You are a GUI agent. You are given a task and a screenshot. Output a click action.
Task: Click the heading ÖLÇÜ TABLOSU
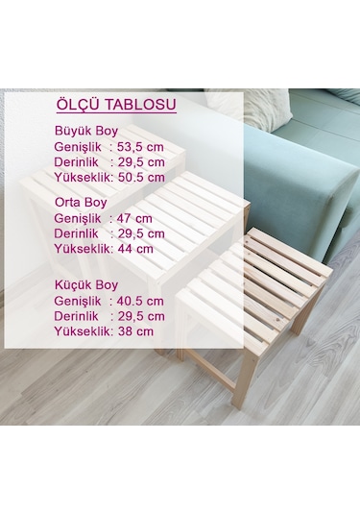point(116,105)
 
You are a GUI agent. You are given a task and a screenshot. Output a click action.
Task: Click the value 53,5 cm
point(141,147)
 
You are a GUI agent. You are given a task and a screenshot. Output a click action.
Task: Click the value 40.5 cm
point(140,301)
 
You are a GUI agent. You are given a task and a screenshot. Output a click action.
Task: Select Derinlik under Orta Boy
point(78,233)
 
